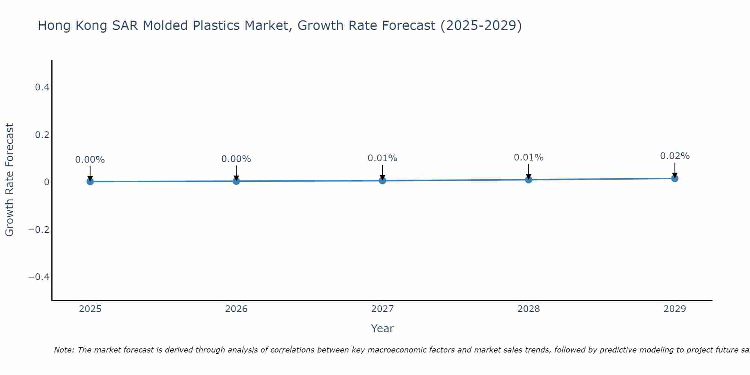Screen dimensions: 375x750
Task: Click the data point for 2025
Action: [90, 181]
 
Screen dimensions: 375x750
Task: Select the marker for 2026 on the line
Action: [236, 181]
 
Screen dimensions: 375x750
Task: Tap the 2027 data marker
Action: [382, 180]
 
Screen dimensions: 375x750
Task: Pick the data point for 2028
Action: [528, 180]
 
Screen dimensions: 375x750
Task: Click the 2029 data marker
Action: [675, 178]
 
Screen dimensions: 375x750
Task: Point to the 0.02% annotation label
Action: [675, 156]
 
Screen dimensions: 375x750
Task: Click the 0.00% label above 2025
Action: [90, 160]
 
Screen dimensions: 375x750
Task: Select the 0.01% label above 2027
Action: [382, 158]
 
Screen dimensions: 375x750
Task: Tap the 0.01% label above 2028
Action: [528, 157]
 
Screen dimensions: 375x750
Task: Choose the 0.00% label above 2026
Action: [236, 159]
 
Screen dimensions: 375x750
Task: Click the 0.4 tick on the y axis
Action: [42, 87]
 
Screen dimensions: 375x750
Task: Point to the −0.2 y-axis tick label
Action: [39, 229]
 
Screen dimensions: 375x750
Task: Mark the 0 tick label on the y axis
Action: [46, 182]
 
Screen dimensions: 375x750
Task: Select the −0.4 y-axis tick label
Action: [39, 277]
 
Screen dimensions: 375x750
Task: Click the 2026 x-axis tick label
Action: [236, 309]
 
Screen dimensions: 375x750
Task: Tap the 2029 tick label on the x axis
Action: [675, 309]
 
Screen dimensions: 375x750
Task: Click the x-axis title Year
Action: [382, 328]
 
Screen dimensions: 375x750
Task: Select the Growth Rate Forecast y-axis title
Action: [9, 180]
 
